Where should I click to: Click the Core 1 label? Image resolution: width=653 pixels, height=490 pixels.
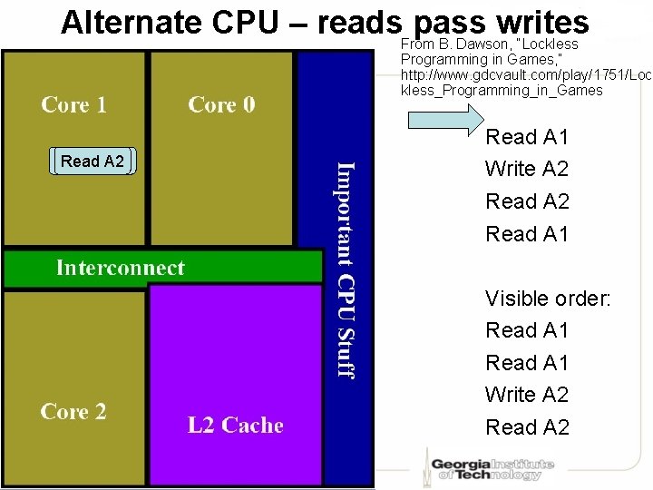[73, 104]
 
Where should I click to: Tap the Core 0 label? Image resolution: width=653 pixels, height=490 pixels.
[221, 104]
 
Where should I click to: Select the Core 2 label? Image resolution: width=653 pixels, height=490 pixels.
[73, 412]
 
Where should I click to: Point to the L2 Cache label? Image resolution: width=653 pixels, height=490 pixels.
[235, 426]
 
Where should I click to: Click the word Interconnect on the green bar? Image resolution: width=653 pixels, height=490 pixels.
[120, 268]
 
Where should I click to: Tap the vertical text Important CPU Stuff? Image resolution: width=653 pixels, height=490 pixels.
[346, 269]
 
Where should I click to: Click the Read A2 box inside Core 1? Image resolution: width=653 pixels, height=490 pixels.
[93, 162]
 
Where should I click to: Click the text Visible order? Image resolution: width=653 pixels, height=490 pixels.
[548, 298]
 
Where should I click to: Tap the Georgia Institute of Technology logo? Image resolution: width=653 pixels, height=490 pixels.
[490, 465]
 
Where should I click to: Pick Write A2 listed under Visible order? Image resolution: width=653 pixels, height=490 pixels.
[527, 395]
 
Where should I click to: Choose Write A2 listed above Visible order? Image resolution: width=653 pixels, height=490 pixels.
[527, 169]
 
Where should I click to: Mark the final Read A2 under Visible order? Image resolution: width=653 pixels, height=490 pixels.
[527, 427]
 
